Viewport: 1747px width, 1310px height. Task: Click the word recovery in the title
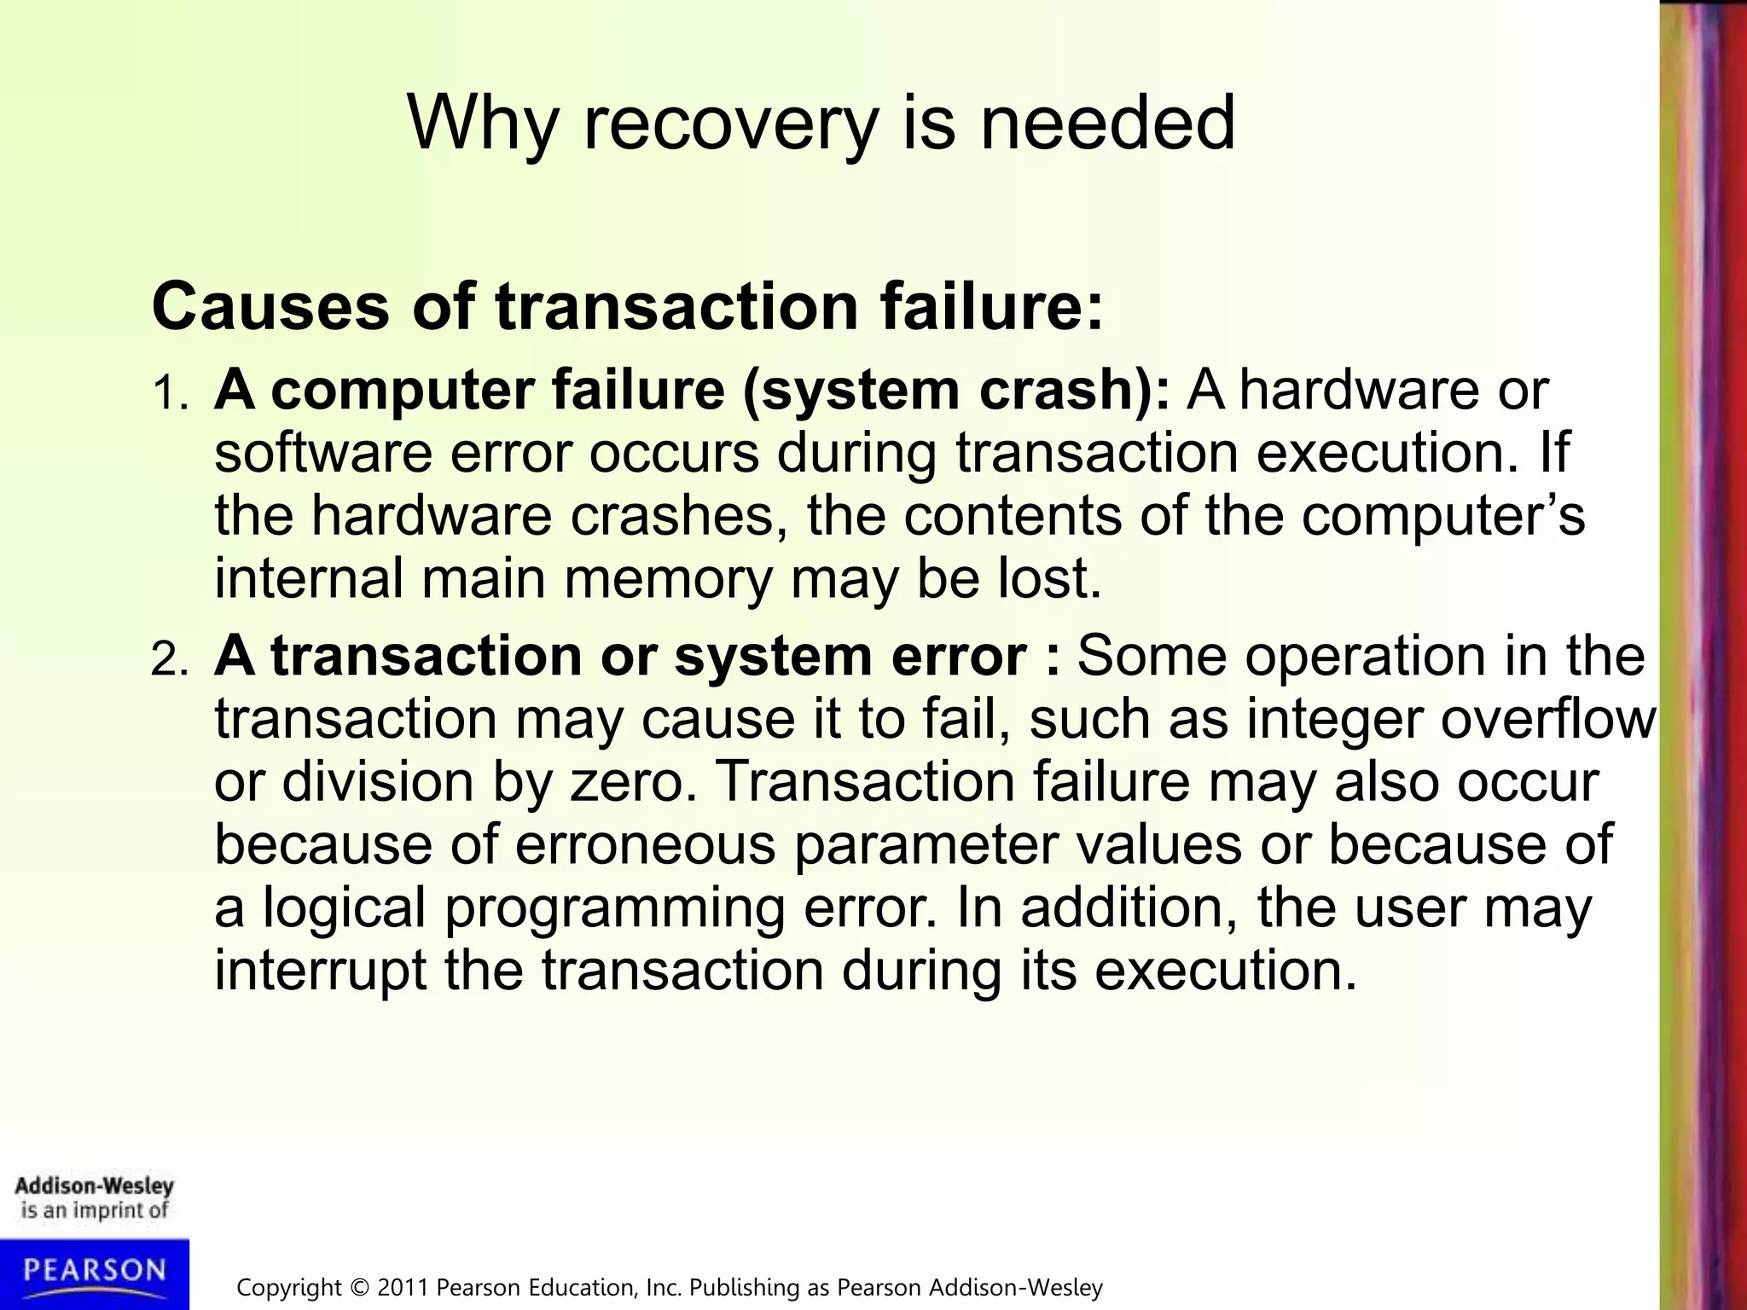[730, 124]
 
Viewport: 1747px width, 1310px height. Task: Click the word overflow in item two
[1548, 718]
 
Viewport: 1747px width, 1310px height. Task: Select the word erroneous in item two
[645, 844]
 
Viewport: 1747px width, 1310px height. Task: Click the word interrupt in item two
[320, 971]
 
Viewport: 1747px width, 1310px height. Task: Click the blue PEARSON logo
[94, 1272]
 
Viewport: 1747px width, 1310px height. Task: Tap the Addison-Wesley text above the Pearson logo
[94, 1185]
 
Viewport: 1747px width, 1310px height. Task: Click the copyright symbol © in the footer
[362, 1287]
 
